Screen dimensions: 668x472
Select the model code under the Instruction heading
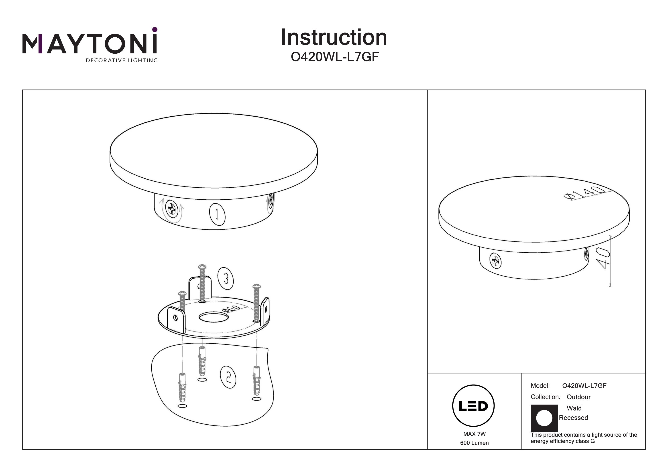[335, 57]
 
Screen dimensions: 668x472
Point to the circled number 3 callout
[226, 278]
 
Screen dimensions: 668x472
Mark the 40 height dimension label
[603, 258]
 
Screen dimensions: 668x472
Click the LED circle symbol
[473, 406]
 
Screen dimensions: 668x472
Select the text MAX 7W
[475, 434]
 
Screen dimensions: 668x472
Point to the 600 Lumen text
[475, 443]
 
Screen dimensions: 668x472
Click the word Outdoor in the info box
[579, 397]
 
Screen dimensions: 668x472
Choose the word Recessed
[573, 418]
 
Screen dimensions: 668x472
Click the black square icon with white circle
[544, 418]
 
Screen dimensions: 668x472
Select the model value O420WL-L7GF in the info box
[584, 386]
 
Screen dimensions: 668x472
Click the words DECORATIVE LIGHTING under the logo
[122, 61]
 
